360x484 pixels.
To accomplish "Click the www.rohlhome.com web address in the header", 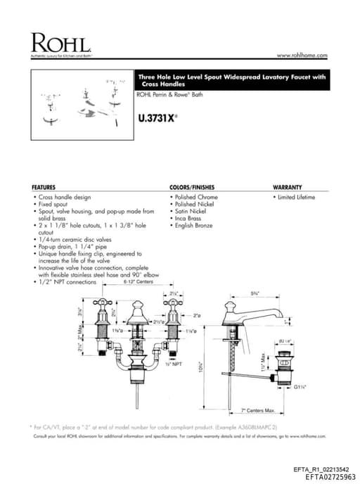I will [302, 55].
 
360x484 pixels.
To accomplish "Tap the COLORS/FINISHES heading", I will [192, 187].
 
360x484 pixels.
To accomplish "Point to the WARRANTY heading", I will [287, 187].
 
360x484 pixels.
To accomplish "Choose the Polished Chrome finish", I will [196, 197].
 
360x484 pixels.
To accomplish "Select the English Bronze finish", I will [193, 225].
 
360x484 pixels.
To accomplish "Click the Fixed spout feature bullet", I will [55, 204].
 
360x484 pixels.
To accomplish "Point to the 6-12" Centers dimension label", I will [138, 282].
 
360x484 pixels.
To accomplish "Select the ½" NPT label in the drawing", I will [174, 364].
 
